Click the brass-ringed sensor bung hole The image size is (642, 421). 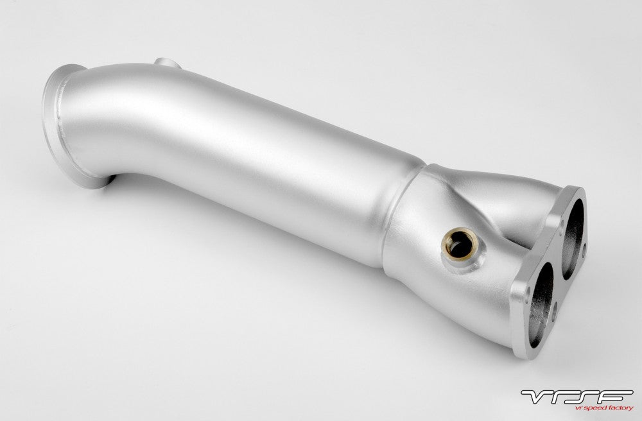tap(460, 244)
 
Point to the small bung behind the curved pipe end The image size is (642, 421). tap(167, 63)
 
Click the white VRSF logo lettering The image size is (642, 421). tap(577, 397)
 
